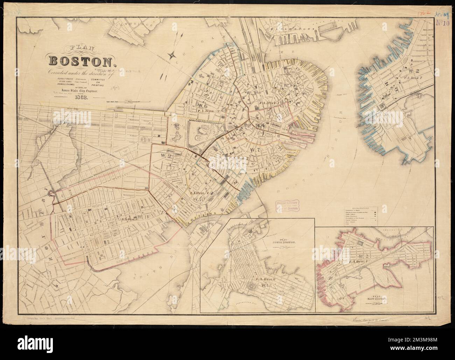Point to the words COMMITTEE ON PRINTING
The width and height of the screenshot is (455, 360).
coord(100,84)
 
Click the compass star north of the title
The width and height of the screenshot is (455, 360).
coord(172,55)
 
